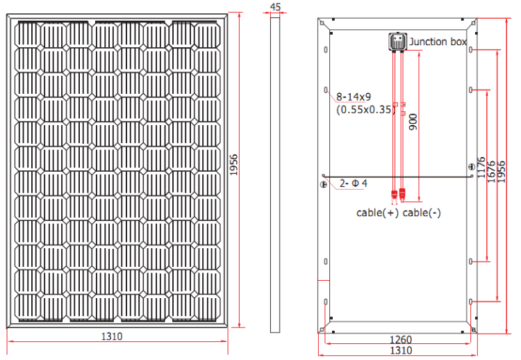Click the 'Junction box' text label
click(x=438, y=42)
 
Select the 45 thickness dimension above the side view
click(x=275, y=6)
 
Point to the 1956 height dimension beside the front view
click(x=234, y=165)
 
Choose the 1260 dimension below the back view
click(x=399, y=340)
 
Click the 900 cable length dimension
click(x=413, y=124)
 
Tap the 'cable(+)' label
click(x=377, y=213)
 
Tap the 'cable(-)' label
click(x=422, y=213)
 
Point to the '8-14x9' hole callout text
click(x=354, y=97)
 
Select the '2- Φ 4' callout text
click(x=354, y=183)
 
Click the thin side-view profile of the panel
click(x=275, y=174)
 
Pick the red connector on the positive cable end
click(x=394, y=194)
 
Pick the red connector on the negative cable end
click(x=402, y=194)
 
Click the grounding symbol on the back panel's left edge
click(x=322, y=184)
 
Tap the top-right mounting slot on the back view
click(x=472, y=50)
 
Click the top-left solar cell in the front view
click(x=28, y=34)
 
